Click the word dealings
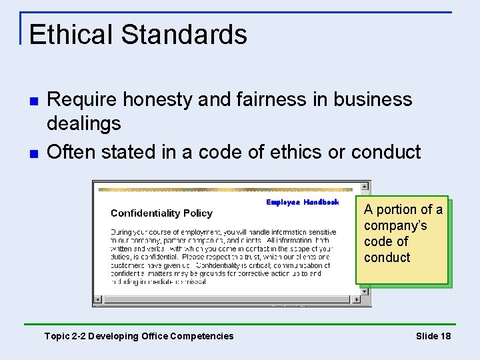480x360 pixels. tap(84, 123)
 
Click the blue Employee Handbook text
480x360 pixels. tap(302, 202)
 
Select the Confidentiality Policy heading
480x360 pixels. tap(161, 213)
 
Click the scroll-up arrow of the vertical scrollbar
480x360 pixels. tap(365, 186)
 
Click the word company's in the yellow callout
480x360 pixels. tap(395, 225)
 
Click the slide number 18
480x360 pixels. tap(445, 336)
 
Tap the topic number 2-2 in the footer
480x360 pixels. tap(79, 336)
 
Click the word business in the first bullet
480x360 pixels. tap(373, 100)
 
